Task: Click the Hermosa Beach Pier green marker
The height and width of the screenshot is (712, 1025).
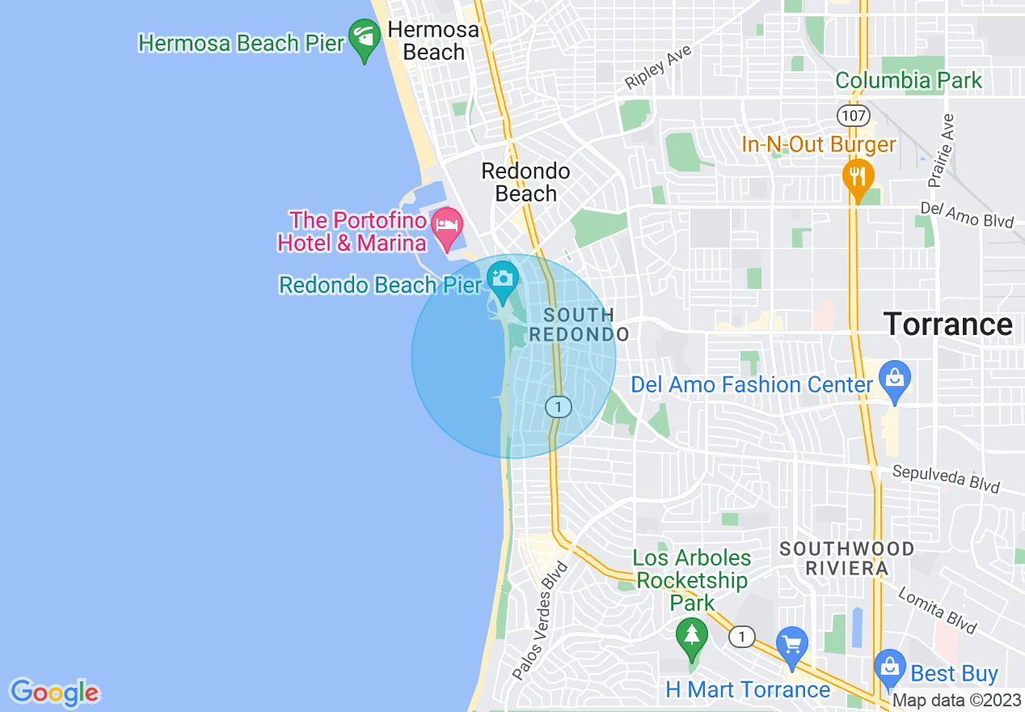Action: click(365, 39)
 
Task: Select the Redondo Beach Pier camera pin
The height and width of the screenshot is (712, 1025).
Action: click(503, 282)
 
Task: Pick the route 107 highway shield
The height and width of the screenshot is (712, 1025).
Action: click(854, 115)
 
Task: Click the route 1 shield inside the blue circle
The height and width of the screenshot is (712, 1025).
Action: click(558, 406)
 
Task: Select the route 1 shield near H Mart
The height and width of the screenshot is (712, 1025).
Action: click(742, 637)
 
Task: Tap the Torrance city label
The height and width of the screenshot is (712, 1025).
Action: click(947, 324)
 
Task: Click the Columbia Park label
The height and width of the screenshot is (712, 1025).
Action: click(909, 81)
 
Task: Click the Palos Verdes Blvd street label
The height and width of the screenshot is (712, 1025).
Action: click(540, 621)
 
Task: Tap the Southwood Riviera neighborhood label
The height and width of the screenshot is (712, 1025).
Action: click(846, 558)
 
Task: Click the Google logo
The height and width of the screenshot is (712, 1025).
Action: click(54, 693)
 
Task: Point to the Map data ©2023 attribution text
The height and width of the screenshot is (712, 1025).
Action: click(957, 701)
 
